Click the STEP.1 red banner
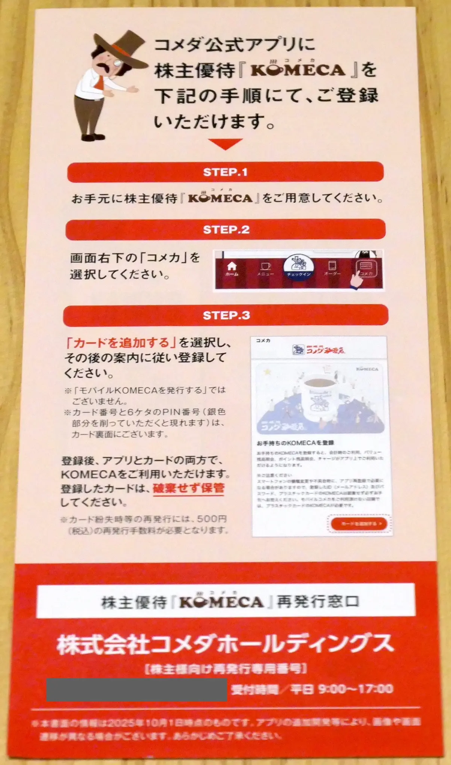point(225,172)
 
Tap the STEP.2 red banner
point(225,229)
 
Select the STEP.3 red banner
point(225,315)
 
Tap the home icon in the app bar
point(232,268)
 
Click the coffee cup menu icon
point(265,268)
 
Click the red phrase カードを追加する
point(121,343)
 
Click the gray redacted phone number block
point(136,690)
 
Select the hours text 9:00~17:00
point(355,689)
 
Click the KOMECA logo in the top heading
point(297,70)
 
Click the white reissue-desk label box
point(225,601)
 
